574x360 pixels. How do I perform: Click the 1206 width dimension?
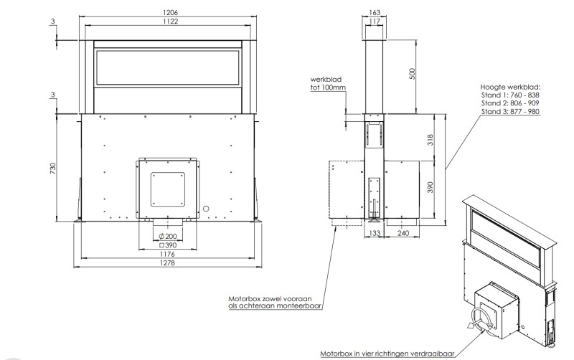click(x=169, y=13)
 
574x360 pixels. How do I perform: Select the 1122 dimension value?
click(x=169, y=22)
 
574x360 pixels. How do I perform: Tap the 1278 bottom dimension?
click(x=169, y=263)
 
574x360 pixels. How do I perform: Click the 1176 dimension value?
click(x=169, y=254)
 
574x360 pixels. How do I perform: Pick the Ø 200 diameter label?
click(x=169, y=236)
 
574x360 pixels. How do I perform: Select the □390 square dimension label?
click(x=169, y=245)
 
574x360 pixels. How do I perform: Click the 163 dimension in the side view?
click(x=374, y=13)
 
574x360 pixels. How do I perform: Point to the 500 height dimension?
click(x=413, y=75)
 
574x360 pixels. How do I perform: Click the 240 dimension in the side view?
click(x=403, y=234)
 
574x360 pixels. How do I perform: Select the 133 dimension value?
click(x=373, y=234)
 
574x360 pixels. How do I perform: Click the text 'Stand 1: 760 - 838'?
click(x=510, y=95)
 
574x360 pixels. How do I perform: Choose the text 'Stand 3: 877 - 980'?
click(x=510, y=112)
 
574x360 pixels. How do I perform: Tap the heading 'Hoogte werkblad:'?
click(x=509, y=86)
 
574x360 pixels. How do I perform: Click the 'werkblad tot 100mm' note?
click(x=328, y=83)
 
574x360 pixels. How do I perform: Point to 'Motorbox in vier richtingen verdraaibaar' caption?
click(x=387, y=354)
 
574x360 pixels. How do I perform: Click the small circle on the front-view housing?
click(x=207, y=208)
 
